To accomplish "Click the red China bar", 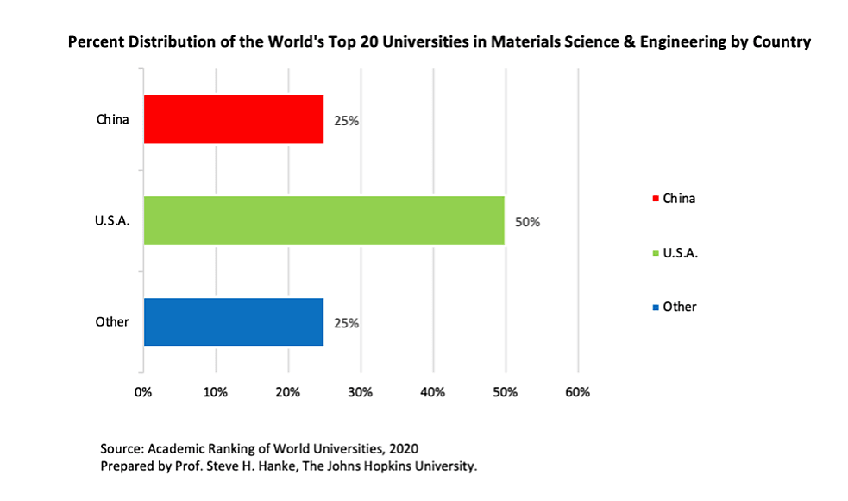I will tap(233, 119).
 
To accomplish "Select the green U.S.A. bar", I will tap(323, 220).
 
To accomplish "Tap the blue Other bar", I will tap(233, 322).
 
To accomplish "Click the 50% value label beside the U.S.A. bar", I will tap(527, 222).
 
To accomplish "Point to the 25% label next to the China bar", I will tap(347, 121).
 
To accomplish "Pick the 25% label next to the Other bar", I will tap(347, 324).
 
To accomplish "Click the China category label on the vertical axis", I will tap(113, 119).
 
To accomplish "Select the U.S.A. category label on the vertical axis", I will tap(112, 221).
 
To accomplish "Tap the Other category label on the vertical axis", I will tap(112, 322).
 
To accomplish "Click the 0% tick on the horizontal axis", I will tap(143, 392).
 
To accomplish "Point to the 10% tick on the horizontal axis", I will tap(216, 392).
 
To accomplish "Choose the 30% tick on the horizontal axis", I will tap(360, 392).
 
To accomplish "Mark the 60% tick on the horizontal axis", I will tap(577, 392).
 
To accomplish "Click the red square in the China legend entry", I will tap(656, 199).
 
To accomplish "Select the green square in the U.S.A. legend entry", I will tap(656, 253).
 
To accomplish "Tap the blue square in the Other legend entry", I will tap(656, 308).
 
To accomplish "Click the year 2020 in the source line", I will tap(403, 449).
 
